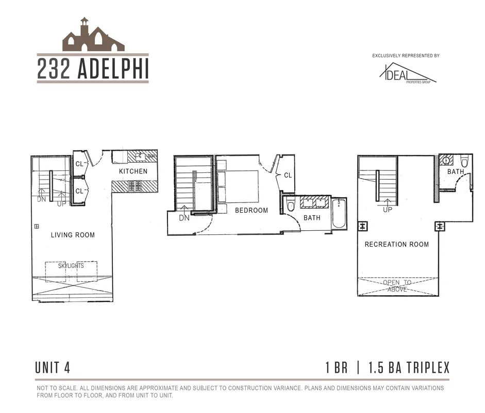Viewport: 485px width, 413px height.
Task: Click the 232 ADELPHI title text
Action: click(93, 70)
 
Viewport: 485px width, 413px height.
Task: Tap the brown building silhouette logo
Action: click(93, 37)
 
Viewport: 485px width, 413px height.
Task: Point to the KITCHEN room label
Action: click(133, 171)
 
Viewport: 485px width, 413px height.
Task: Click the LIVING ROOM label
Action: click(73, 235)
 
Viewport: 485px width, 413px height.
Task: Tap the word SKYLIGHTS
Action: click(71, 266)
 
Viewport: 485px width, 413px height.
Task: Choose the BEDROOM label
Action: click(252, 210)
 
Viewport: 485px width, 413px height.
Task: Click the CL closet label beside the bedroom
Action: click(288, 176)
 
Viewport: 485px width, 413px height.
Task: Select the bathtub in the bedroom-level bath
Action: click(340, 214)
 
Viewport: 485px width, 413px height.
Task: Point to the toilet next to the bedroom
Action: click(290, 206)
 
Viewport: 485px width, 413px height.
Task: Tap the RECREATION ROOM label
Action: click(396, 244)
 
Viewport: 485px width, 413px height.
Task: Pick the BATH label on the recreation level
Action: click(455, 172)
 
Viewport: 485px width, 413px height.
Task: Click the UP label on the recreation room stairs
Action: click(388, 210)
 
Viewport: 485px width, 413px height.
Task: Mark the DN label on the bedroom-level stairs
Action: click(184, 218)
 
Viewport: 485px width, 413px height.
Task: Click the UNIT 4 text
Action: click(53, 368)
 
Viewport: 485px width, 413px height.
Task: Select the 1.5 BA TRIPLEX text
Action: click(409, 368)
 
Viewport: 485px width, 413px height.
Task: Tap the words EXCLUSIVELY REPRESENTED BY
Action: click(406, 56)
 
